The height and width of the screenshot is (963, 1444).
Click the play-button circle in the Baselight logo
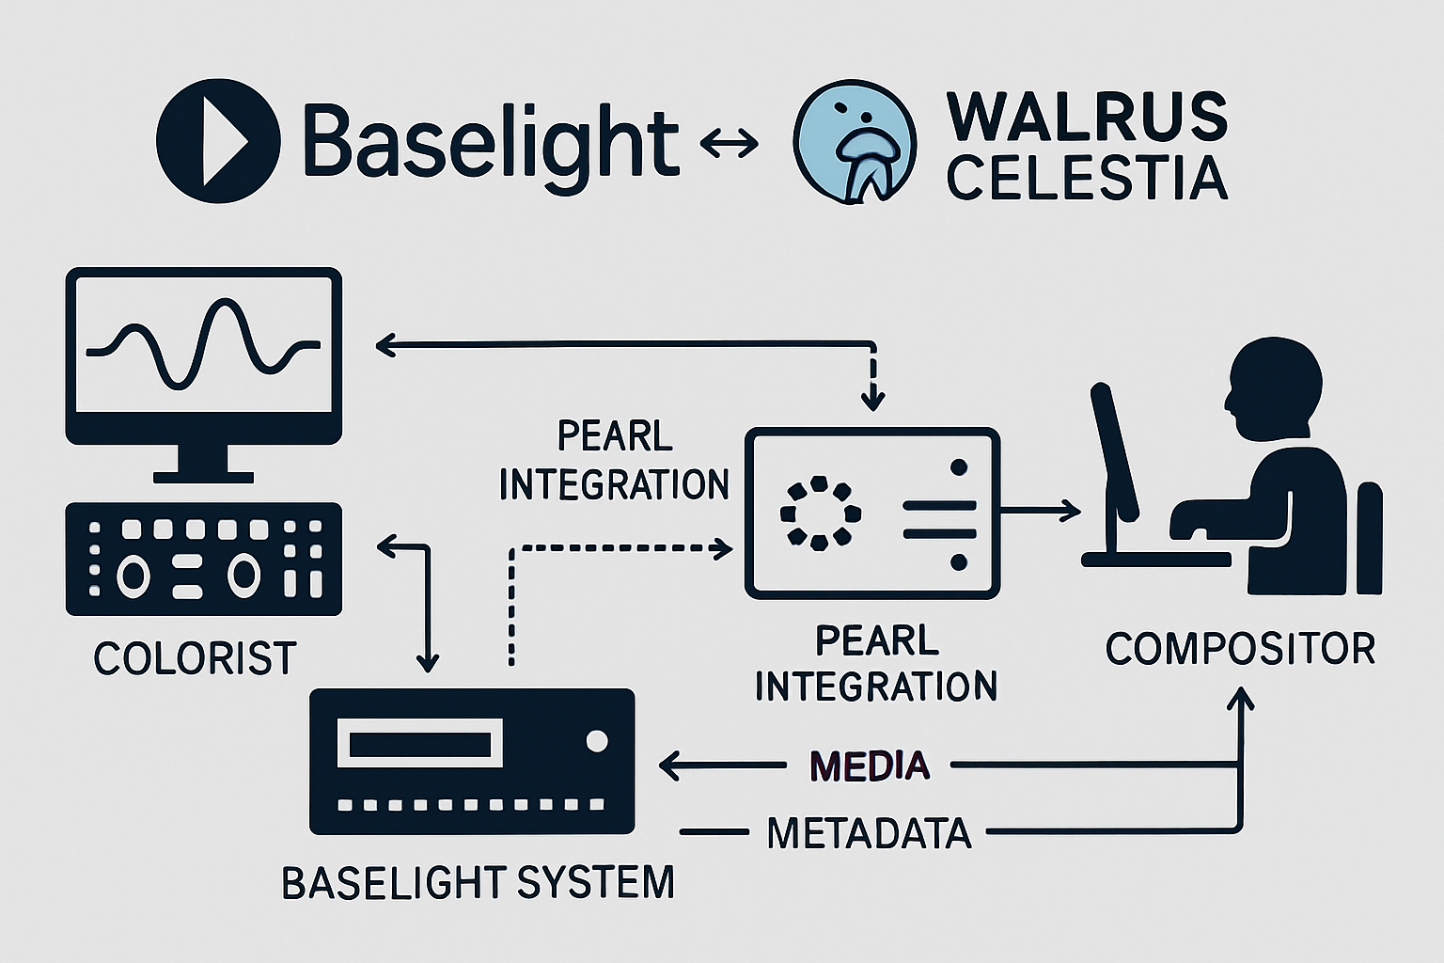click(218, 141)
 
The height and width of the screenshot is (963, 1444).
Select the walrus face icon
click(854, 141)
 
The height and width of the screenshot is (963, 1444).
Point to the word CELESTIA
click(1086, 178)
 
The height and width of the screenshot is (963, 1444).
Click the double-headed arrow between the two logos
click(730, 143)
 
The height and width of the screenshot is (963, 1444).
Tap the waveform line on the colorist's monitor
click(202, 344)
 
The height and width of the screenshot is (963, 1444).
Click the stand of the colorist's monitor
click(203, 461)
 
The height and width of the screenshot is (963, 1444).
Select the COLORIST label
click(195, 658)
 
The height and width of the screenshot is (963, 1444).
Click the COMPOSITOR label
click(1240, 649)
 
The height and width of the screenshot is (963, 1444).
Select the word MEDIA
click(869, 766)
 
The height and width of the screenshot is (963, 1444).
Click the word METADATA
click(869, 832)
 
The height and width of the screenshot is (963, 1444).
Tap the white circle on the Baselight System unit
click(596, 742)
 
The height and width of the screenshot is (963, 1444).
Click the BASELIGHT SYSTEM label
click(478, 882)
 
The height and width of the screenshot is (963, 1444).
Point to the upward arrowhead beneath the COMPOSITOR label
click(1242, 700)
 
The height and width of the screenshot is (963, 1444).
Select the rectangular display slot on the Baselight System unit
click(419, 743)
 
